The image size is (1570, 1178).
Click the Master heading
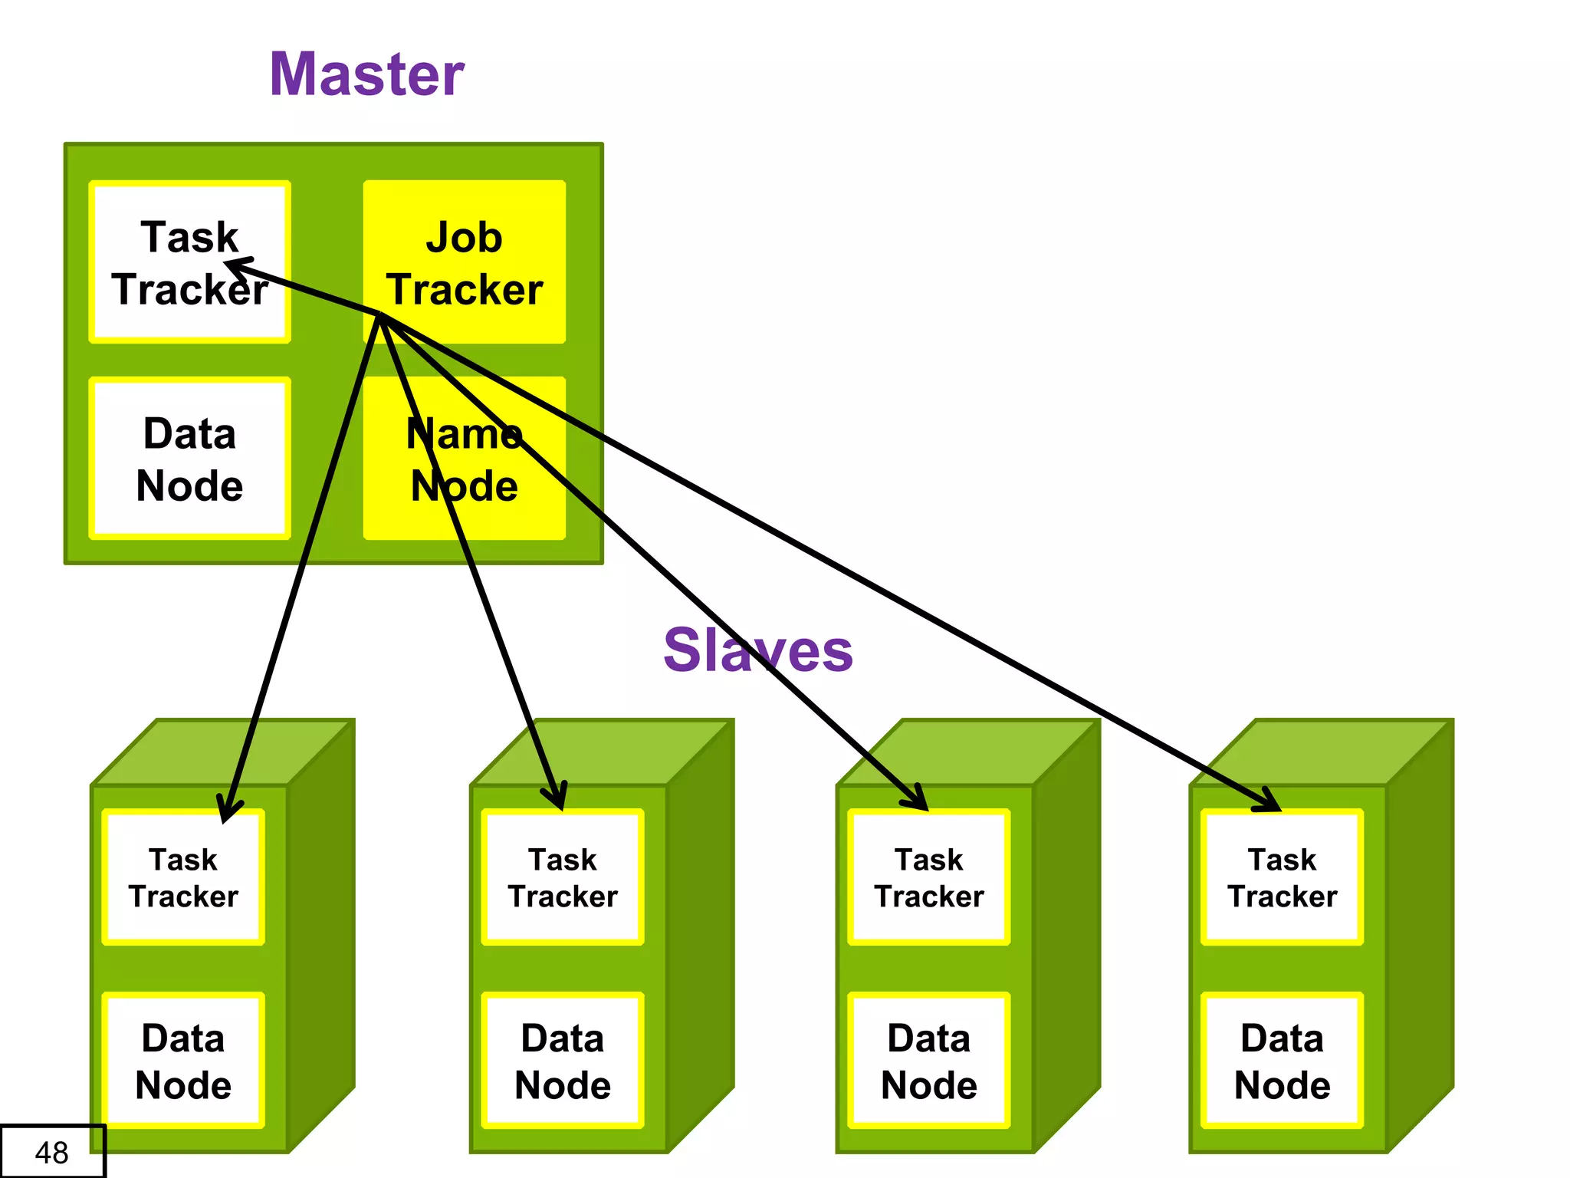pos(366,74)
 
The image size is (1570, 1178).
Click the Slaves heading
pos(757,650)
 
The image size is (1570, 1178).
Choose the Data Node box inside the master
pos(189,459)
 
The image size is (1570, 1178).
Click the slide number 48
pos(52,1152)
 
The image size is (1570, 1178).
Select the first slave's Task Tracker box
pos(183,878)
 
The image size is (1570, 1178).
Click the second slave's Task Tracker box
pos(563,878)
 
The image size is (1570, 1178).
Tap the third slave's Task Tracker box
pos(929,878)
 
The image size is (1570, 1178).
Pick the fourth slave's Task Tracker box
pos(1282,878)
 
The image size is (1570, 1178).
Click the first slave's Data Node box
pos(183,1061)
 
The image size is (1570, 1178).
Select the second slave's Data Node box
pos(563,1061)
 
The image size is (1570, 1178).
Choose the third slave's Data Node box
pos(929,1061)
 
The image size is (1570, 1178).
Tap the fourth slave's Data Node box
pos(1282,1061)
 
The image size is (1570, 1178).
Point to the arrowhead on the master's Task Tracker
pos(235,265)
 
